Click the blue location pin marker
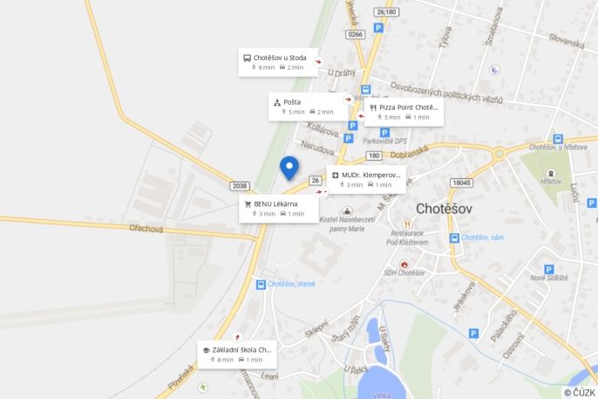(289, 167)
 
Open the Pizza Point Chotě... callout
(404, 112)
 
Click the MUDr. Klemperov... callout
(366, 180)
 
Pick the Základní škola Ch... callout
(237, 354)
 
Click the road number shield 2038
(241, 186)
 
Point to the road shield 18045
(461, 182)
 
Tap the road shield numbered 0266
(355, 34)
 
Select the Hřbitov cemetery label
(551, 182)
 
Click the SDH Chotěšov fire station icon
(404, 264)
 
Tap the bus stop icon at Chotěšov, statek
(261, 285)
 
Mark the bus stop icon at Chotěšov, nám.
(454, 237)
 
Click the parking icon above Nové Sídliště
(548, 270)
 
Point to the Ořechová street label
(146, 230)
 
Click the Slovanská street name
(567, 39)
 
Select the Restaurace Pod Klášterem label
(409, 237)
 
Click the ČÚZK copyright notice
(579, 392)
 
